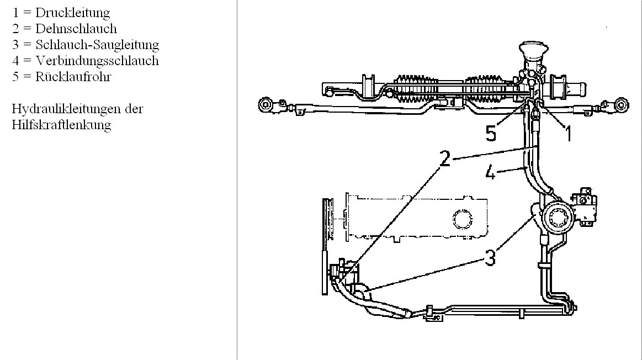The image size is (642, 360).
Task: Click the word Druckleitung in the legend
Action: (72, 13)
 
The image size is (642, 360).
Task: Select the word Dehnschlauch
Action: (76, 29)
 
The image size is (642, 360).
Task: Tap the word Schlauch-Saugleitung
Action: (97, 45)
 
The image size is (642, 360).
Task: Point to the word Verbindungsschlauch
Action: (97, 61)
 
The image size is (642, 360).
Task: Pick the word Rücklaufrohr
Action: (73, 77)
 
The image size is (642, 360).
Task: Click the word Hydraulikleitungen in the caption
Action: (67, 109)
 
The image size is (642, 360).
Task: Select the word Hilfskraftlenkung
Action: (61, 125)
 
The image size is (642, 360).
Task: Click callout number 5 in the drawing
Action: (491, 134)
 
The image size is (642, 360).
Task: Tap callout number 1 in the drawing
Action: (568, 134)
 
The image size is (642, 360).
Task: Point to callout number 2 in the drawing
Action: (445, 158)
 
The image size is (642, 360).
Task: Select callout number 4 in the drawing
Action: (490, 172)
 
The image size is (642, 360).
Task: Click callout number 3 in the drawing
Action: (490, 258)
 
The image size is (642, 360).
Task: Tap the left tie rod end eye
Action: (265, 105)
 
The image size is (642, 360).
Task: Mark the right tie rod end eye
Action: (622, 105)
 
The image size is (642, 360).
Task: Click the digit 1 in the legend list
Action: (15, 13)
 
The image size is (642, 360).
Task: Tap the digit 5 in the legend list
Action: (15, 77)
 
